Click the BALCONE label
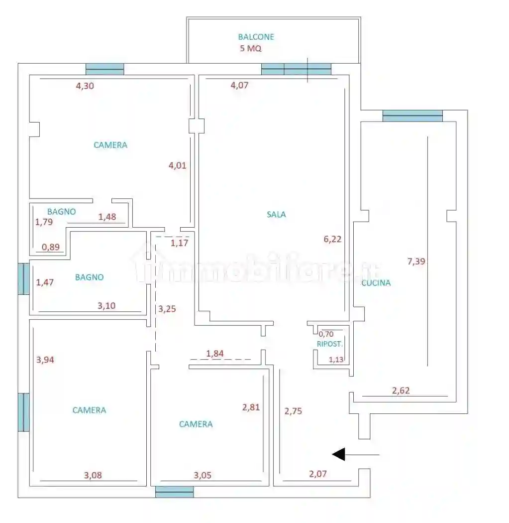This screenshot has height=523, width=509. click(x=256, y=37)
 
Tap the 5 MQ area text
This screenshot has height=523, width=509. click(x=251, y=49)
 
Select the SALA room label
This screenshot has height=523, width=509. click(x=276, y=215)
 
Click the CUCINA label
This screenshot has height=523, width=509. click(x=376, y=283)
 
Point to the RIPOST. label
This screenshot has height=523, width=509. click(x=330, y=344)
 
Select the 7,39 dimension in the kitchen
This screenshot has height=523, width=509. click(x=416, y=261)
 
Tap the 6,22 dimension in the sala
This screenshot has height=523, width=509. click(x=332, y=239)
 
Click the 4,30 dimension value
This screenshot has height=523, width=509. click(x=85, y=85)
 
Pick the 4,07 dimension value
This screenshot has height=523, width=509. click(x=239, y=85)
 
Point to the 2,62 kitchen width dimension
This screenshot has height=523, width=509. click(x=401, y=391)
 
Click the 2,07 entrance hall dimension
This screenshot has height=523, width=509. click(x=318, y=474)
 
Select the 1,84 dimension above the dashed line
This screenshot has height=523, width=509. click(x=215, y=354)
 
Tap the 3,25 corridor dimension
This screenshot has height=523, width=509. click(x=167, y=309)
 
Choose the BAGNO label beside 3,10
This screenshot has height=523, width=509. click(x=89, y=277)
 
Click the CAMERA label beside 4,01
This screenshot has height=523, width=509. click(x=110, y=145)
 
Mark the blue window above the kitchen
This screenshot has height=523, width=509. click(x=412, y=116)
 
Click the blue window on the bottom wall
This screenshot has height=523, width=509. click(x=174, y=492)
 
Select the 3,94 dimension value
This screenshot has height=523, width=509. click(x=45, y=360)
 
